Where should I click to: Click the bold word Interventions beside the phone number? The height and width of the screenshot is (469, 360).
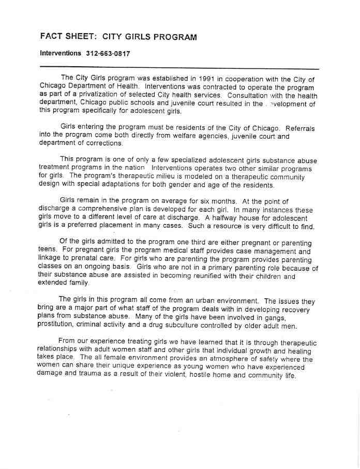(x=61, y=53)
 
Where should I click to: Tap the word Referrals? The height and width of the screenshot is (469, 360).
(x=299, y=127)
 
